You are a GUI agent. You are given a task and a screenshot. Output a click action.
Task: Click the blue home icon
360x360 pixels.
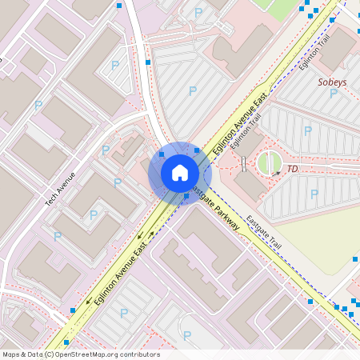[179, 173]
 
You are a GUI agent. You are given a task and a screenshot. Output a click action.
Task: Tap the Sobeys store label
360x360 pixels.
[332, 82]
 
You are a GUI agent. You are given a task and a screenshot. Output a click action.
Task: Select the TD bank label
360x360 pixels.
[292, 169]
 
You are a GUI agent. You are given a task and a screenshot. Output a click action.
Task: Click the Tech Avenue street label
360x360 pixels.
[60, 190]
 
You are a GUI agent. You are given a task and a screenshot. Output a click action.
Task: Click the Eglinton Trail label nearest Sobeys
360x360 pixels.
[315, 53]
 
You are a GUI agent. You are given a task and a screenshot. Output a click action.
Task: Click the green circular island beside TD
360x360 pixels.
[270, 163]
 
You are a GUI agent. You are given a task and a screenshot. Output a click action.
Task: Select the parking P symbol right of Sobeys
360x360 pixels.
[352, 91]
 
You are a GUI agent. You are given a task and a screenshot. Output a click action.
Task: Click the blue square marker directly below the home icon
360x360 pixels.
[186, 196]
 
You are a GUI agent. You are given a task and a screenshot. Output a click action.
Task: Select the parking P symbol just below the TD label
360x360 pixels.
[314, 194]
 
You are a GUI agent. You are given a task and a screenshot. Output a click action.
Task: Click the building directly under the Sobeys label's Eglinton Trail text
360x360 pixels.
[337, 48]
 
